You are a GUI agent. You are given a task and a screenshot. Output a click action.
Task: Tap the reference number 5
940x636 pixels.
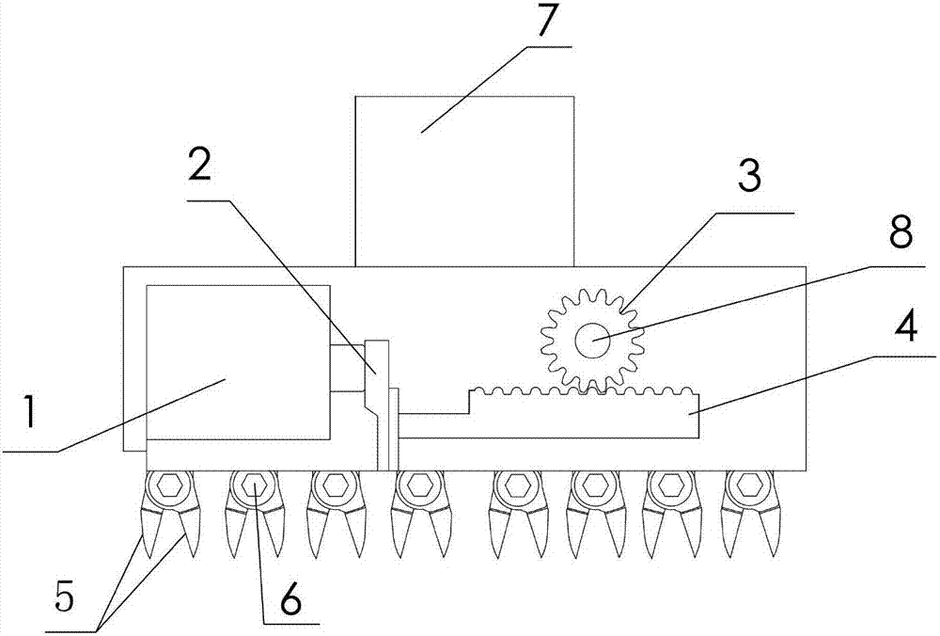(63, 596)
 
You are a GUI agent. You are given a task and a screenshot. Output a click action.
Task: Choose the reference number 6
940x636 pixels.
(289, 598)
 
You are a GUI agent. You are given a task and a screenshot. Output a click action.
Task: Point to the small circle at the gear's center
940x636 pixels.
(592, 340)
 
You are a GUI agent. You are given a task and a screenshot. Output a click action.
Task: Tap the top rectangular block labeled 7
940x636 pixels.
(464, 179)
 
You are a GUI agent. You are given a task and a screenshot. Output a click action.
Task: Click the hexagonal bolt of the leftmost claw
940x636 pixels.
(171, 486)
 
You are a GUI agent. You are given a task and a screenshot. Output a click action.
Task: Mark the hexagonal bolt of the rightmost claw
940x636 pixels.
(749, 486)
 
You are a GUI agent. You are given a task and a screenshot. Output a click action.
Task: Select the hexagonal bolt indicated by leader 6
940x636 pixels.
(252, 486)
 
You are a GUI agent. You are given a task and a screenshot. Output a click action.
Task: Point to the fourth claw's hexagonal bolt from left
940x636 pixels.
(414, 486)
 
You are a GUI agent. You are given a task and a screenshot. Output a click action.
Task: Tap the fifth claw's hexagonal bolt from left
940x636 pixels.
(513, 486)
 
